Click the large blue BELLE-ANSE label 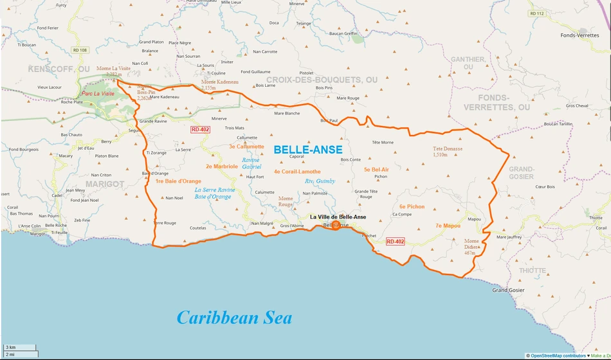click(307, 149)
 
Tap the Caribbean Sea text click(234, 318)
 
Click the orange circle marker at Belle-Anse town click(336, 226)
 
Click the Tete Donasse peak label click(448, 152)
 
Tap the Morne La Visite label click(113, 71)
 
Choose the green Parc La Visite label click(98, 94)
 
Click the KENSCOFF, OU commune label click(59, 68)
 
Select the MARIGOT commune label click(100, 184)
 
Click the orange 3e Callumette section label click(246, 147)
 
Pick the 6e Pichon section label click(412, 207)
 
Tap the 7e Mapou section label click(448, 226)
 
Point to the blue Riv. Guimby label click(320, 181)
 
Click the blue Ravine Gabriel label click(251, 163)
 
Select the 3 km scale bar click(19, 347)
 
